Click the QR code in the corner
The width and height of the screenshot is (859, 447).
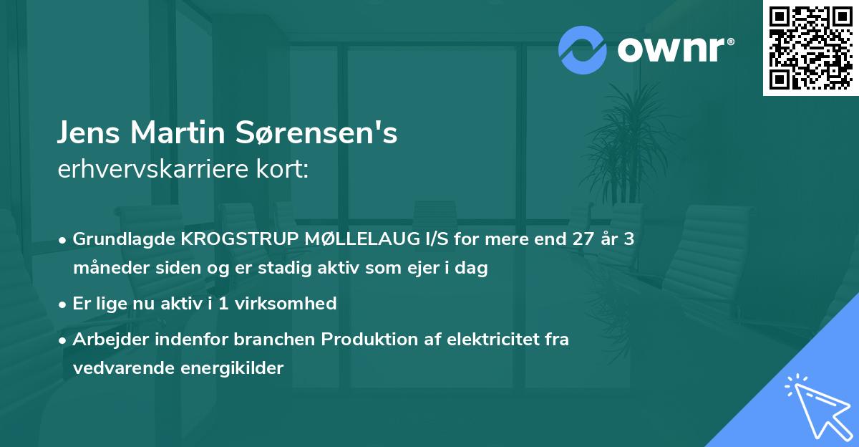point(810,48)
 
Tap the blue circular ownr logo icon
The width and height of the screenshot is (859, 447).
point(583,49)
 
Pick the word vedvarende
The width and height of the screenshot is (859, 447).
point(118,368)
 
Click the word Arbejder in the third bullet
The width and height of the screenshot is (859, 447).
point(105,340)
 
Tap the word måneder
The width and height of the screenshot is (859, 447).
point(107,269)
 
